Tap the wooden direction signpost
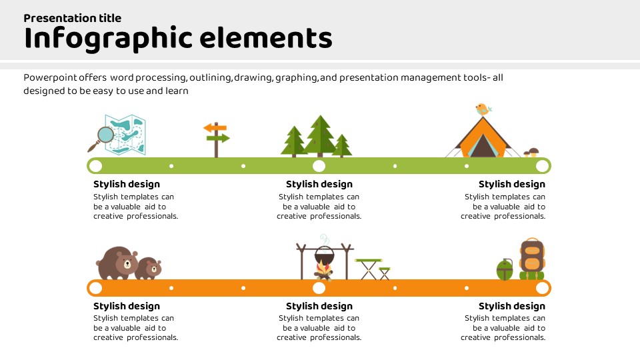point(216,139)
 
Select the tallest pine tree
point(320,136)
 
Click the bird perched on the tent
point(483,109)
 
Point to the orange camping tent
point(483,137)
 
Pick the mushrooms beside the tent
point(531,153)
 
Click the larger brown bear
point(117,263)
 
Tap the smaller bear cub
point(148,268)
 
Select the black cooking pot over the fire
point(324,255)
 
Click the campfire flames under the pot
point(324,271)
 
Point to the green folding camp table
point(369,269)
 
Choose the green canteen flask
point(505,269)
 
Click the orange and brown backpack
point(532,259)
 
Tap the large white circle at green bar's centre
point(319,166)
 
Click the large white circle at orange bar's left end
point(95,288)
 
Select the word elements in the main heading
point(266,38)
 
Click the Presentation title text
point(72,18)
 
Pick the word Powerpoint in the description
point(50,77)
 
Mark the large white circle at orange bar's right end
point(543,288)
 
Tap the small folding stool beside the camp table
point(385,273)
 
